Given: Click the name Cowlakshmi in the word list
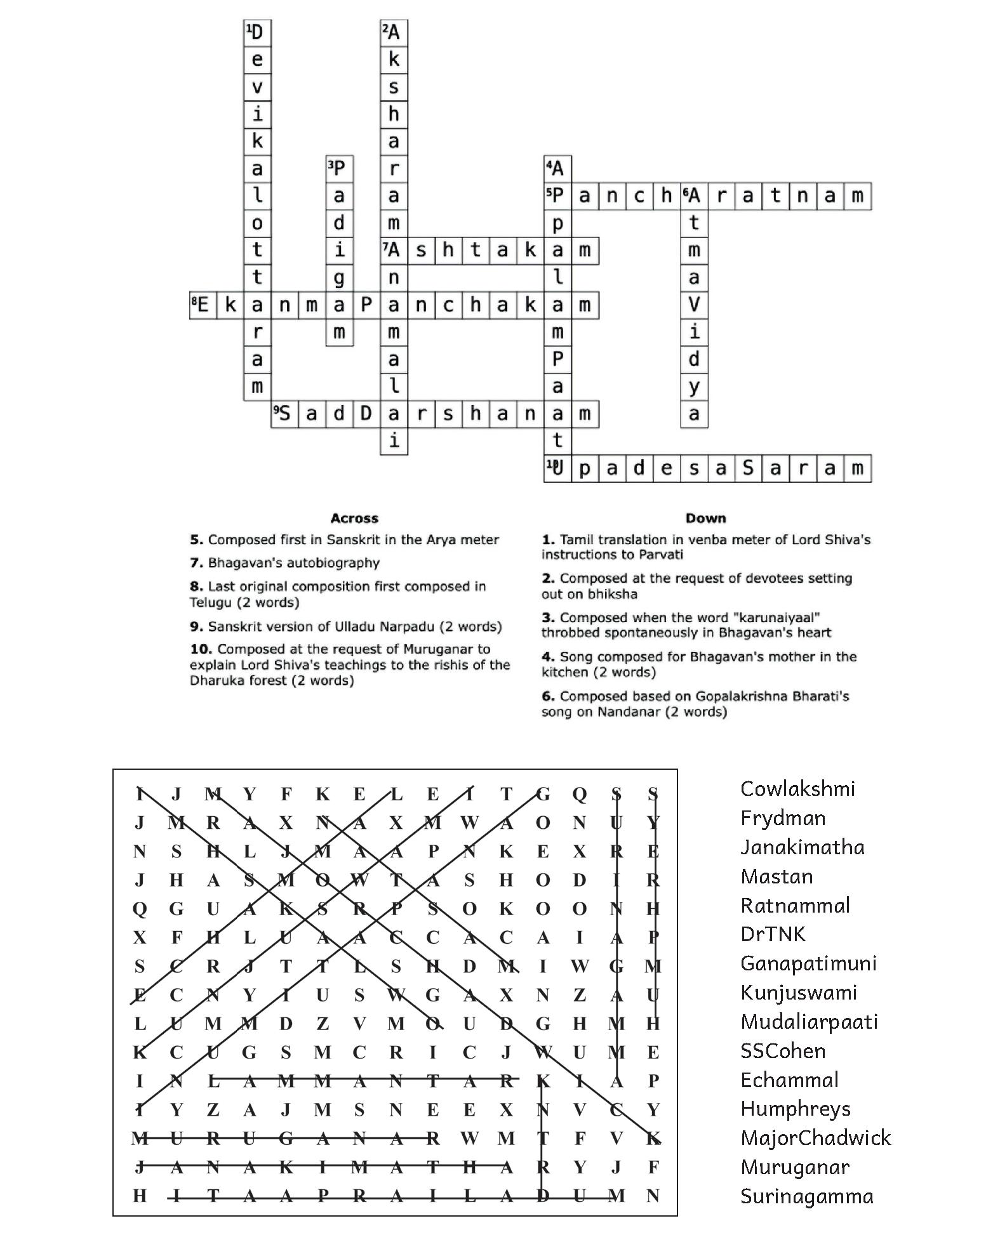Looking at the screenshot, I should [797, 789].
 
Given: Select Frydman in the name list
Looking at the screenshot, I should [783, 818].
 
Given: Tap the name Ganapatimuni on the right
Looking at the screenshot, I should [808, 963].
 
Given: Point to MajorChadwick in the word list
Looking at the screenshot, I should [815, 1138].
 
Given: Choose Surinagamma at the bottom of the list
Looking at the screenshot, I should [806, 1196].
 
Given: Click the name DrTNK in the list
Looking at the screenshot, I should [773, 934].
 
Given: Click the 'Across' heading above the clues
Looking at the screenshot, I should [354, 519].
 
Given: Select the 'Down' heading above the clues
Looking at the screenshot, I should [705, 519].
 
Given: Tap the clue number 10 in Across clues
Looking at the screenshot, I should [200, 649].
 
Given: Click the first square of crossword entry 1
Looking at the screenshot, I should [257, 32].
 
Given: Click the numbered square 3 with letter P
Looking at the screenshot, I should [339, 169].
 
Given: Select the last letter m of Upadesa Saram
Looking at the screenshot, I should [858, 469].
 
